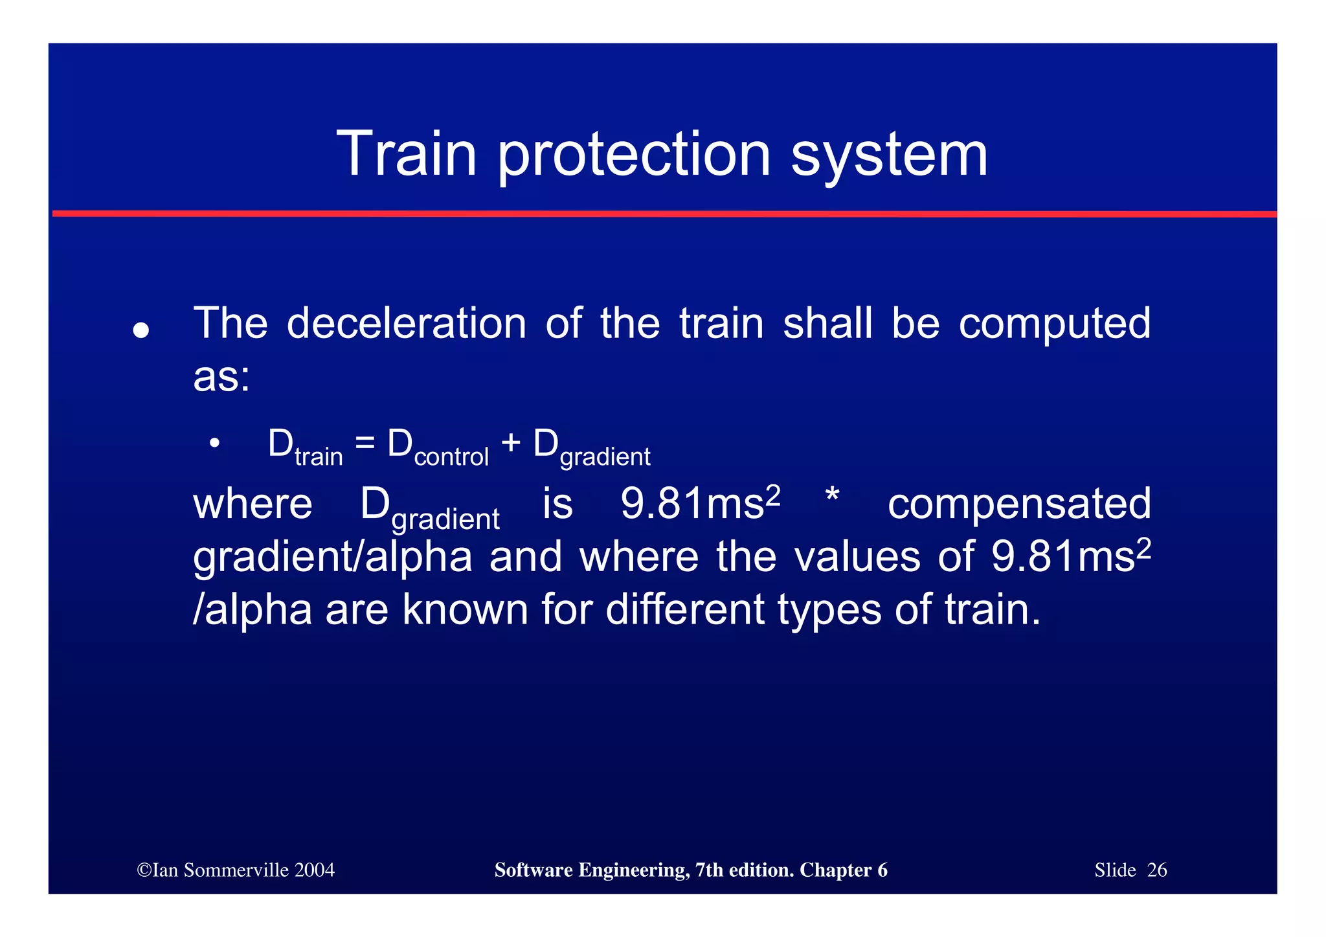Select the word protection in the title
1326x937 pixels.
pos(634,155)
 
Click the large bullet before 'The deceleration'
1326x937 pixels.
pos(140,330)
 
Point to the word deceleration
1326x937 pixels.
pos(407,323)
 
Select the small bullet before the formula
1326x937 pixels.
pos(214,444)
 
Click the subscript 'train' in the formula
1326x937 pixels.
pos(319,457)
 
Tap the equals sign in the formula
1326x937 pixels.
pos(365,443)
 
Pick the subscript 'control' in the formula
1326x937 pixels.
pos(451,457)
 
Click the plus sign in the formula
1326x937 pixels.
pos(511,443)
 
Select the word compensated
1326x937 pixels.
pos(1019,504)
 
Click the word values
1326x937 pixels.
pos(857,557)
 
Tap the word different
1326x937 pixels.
pos(685,609)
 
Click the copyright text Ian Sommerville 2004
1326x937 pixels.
pos(236,870)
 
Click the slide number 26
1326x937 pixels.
pos(1156,870)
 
